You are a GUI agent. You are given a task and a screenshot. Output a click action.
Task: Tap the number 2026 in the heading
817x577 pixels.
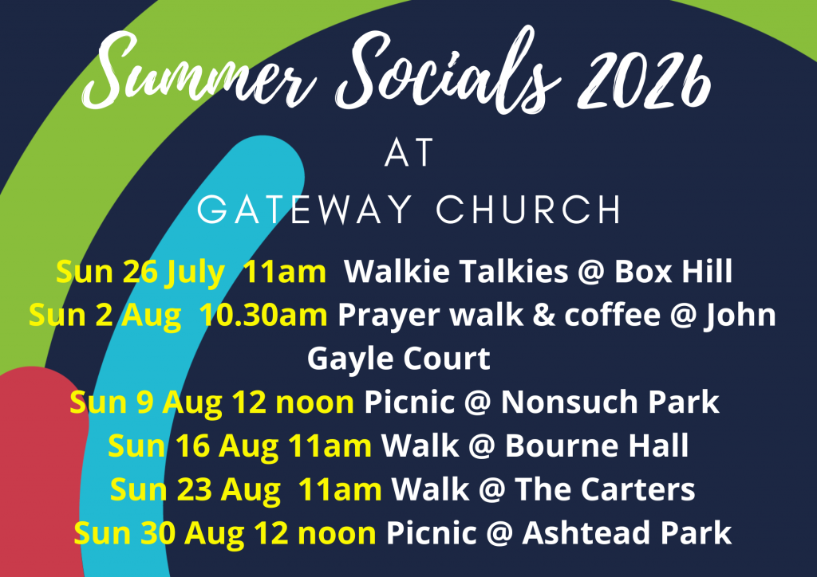point(645,78)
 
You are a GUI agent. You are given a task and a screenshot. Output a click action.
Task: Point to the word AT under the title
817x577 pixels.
point(409,152)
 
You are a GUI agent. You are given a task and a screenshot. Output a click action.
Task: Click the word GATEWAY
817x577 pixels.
point(305,209)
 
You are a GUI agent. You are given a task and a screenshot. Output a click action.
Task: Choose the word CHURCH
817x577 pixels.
point(528,209)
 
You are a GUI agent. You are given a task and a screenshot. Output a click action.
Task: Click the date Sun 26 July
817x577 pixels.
point(140,272)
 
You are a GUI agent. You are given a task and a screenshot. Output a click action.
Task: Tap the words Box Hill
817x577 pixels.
point(673,271)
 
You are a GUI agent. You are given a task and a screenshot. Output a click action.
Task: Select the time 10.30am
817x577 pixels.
point(263,316)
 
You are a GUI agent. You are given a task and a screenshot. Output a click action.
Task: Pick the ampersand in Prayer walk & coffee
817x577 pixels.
point(544,316)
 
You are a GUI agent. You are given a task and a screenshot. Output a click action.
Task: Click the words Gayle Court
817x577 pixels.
point(399,359)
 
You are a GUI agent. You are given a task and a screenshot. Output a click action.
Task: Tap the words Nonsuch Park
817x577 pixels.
point(610,402)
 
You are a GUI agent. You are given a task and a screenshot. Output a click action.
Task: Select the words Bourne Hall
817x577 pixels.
point(597,446)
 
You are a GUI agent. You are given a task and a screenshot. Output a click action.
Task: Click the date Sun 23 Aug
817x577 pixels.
point(195,490)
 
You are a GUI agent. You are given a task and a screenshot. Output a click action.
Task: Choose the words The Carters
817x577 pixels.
point(605,489)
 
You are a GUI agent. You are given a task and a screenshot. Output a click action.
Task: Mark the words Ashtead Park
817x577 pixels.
point(627,533)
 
